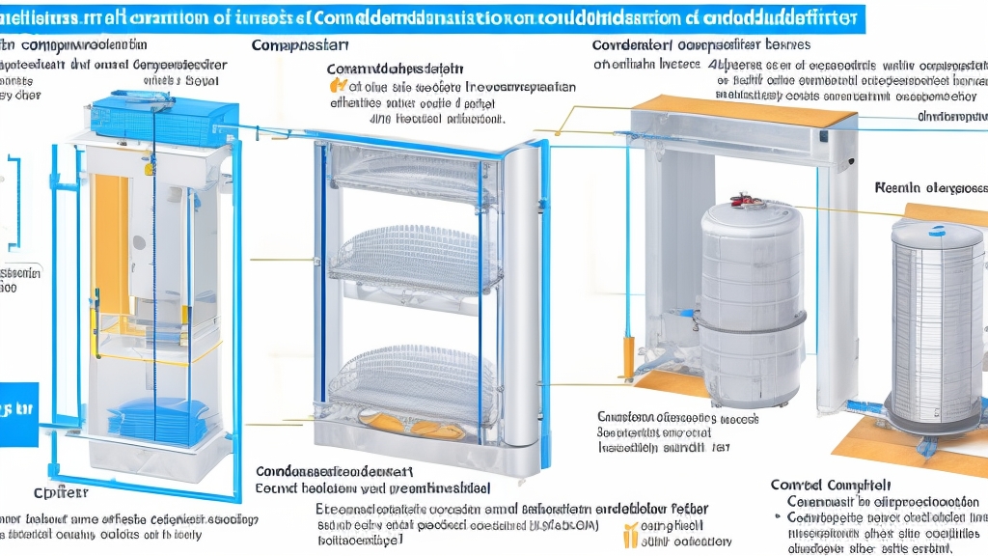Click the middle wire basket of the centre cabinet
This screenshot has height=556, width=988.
[415, 259]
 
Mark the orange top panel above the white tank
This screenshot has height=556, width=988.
[743, 109]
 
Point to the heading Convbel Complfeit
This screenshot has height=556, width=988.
[831, 486]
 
